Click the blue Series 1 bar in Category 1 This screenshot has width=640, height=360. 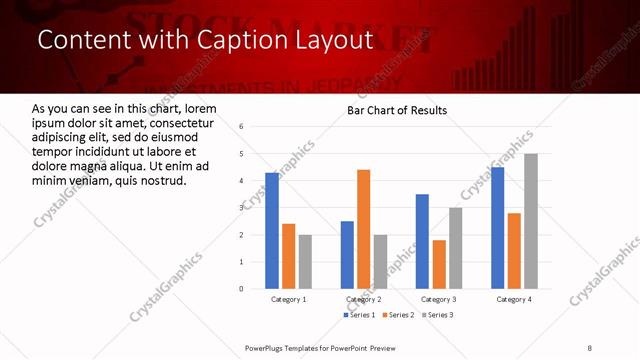(x=272, y=230)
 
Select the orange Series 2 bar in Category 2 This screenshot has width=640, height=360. (x=363, y=229)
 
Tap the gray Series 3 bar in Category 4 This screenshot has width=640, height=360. (x=531, y=221)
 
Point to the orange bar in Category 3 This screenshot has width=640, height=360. (x=439, y=264)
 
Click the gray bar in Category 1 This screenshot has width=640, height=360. (x=305, y=261)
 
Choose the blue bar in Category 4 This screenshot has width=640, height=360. (x=498, y=228)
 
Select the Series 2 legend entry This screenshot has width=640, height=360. (x=398, y=315)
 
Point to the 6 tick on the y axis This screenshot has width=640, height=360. (x=241, y=127)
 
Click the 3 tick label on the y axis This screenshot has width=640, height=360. (x=241, y=208)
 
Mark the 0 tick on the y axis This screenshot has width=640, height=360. (x=241, y=289)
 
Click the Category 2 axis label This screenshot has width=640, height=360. (x=363, y=299)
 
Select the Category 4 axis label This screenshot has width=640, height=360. (x=514, y=299)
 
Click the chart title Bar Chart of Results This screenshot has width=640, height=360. (x=397, y=110)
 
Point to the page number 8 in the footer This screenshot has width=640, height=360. (x=589, y=347)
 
